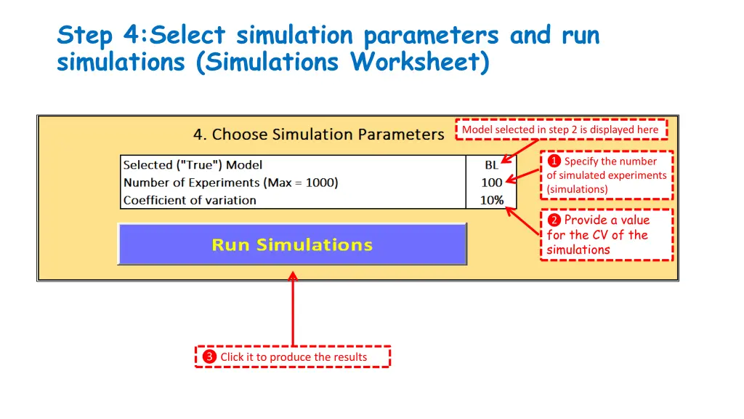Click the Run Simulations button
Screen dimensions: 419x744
click(x=292, y=244)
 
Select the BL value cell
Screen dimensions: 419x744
click(x=492, y=165)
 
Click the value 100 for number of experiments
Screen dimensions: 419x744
click(x=492, y=183)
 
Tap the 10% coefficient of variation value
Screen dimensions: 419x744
click(x=492, y=200)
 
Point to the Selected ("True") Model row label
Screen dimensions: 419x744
click(x=193, y=165)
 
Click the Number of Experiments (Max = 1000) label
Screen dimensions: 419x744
click(x=230, y=183)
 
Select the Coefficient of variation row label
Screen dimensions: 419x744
click(x=190, y=200)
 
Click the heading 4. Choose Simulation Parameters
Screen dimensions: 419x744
click(x=318, y=135)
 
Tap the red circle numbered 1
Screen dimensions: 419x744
click(x=554, y=161)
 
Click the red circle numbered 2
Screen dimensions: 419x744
click(x=554, y=220)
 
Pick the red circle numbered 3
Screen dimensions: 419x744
click(x=209, y=356)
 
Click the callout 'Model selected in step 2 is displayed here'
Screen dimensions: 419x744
click(x=560, y=129)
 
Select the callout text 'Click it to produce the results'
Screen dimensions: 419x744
click(x=294, y=357)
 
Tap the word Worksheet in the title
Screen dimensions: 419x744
click(x=419, y=63)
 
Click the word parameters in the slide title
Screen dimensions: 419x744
click(x=431, y=35)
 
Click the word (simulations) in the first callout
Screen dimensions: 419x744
click(x=577, y=189)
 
